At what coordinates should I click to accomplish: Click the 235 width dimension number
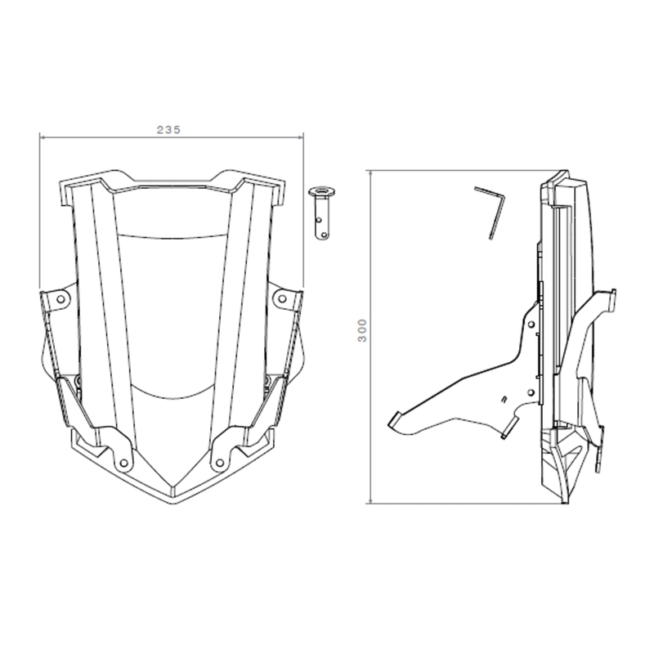pyautogui.click(x=169, y=130)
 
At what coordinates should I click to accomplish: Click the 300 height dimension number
pyautogui.click(x=362, y=330)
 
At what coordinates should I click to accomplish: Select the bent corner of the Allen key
pyautogui.click(x=504, y=197)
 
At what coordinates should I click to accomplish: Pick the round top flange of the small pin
pyautogui.click(x=322, y=192)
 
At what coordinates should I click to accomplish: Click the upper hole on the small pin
pyautogui.click(x=319, y=220)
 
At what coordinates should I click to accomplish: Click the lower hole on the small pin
pyautogui.click(x=324, y=235)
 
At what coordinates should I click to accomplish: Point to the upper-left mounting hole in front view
pyautogui.click(x=60, y=299)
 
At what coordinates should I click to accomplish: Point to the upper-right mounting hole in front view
pyautogui.click(x=282, y=298)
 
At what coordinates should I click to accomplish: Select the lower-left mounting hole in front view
pyautogui.click(x=124, y=463)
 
